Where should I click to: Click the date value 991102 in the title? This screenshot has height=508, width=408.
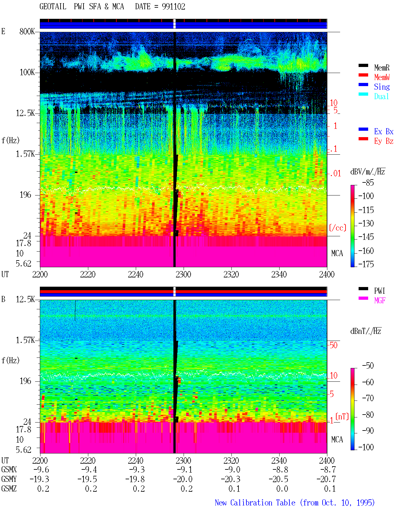pos(173,7)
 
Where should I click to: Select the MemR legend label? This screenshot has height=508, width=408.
pos(382,68)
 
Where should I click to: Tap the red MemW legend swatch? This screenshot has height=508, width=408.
pos(363,75)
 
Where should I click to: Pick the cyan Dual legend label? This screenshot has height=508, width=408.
pos(382,96)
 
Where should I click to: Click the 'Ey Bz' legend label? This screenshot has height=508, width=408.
pos(384,141)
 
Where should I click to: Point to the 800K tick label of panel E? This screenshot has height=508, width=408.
pos(27,31)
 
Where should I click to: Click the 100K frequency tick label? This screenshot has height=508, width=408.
pos(27,72)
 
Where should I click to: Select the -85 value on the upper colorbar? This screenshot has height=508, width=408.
pos(368,182)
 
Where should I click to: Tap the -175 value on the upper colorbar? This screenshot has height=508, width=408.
pos(366,264)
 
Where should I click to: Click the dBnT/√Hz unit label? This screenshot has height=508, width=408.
pos(366,331)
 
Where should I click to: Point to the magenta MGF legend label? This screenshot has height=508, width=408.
pos(380,300)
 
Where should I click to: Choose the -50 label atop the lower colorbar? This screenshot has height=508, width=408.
pos(368,366)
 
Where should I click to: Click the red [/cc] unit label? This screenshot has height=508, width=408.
pos(338,228)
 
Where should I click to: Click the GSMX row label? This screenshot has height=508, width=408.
pos(9,469)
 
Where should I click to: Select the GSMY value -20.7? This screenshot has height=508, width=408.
pos(326,479)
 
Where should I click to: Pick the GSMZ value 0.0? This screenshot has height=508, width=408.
pos(282,489)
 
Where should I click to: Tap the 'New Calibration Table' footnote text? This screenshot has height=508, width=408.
pos(255,503)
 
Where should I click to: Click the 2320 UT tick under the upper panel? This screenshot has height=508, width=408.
pos(231,275)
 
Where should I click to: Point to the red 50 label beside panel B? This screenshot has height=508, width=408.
pos(333,345)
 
